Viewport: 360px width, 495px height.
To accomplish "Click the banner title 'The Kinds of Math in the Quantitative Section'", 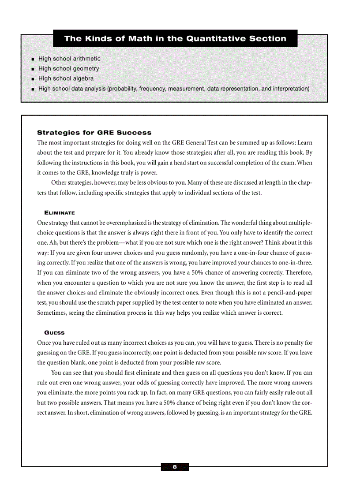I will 175,38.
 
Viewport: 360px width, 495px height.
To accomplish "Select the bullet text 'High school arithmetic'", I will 69,59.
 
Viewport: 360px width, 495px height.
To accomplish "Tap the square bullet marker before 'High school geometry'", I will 33,69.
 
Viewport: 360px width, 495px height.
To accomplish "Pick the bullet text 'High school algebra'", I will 66,78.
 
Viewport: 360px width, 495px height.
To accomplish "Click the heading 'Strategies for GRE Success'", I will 94,133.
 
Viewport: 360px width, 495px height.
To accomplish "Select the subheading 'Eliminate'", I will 60,213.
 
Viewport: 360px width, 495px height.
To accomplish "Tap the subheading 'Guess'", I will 54,332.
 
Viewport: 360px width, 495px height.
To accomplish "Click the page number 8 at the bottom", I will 175,467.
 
